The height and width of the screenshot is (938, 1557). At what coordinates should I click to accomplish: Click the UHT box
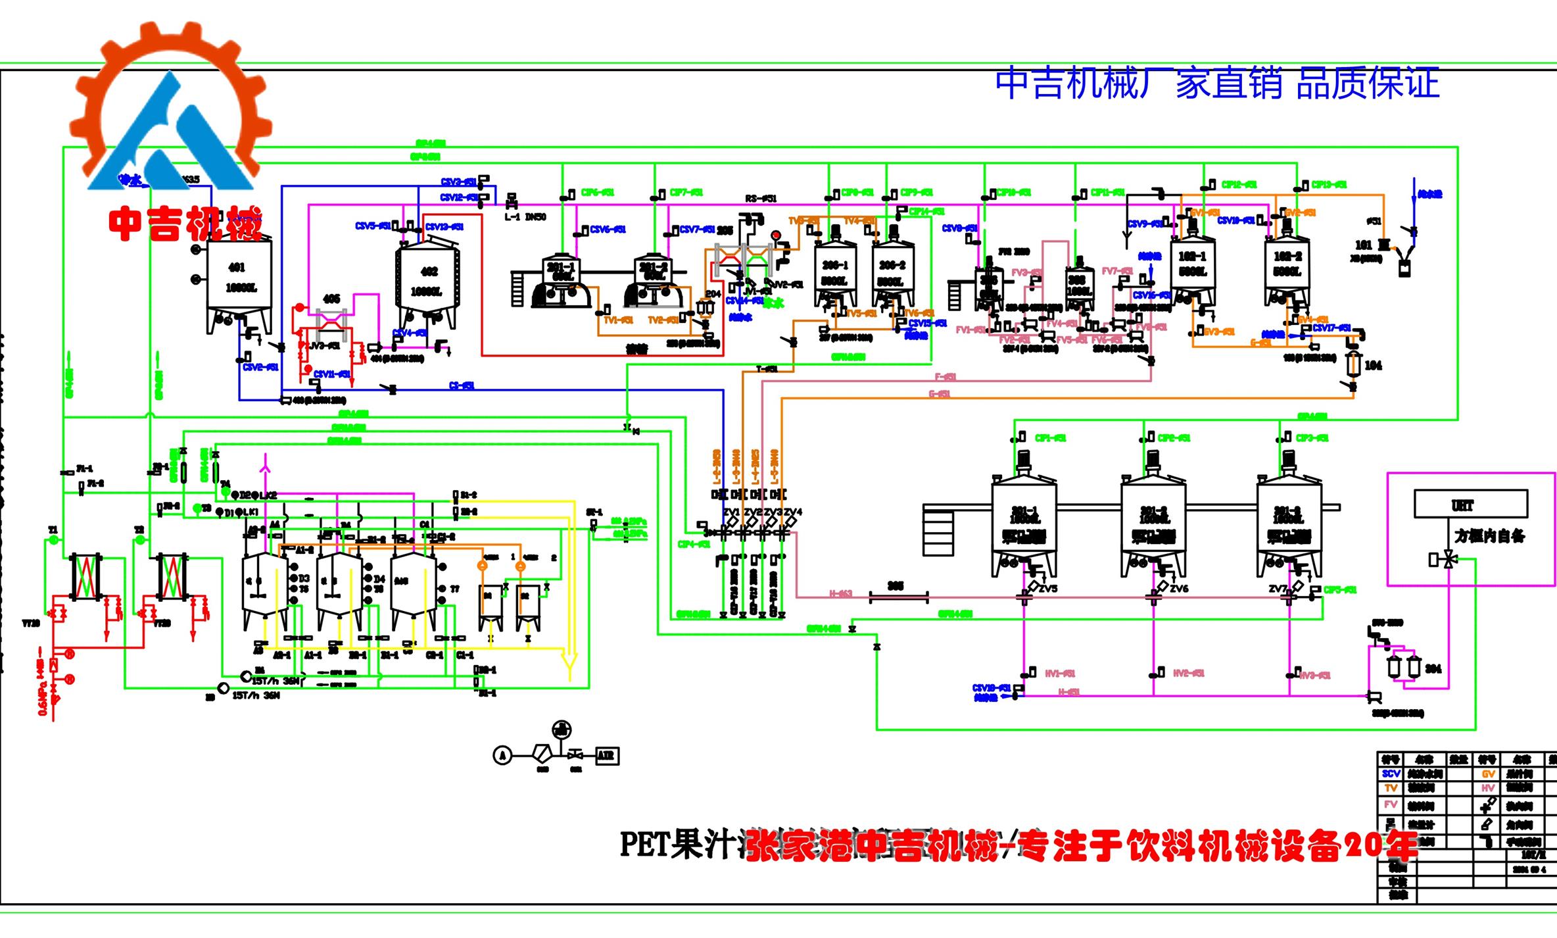1471,504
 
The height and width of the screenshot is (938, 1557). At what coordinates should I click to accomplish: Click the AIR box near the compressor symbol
606,755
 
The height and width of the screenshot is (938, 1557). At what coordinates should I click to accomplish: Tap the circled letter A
502,755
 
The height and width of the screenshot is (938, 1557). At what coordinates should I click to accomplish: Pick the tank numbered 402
426,283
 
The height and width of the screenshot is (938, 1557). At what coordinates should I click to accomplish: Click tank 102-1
1193,266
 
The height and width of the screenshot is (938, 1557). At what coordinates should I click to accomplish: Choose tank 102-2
1287,266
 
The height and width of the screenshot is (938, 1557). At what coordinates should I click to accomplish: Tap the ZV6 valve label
1179,589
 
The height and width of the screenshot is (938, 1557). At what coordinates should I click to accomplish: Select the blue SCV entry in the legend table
1391,774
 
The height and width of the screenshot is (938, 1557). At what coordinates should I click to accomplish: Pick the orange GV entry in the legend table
1488,774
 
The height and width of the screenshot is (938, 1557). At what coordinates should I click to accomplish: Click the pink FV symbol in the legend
1391,804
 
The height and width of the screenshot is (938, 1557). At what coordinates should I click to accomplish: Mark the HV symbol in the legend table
1488,788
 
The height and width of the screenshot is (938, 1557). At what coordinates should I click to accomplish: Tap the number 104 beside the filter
1373,366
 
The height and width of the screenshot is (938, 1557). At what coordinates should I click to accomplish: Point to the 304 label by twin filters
1433,668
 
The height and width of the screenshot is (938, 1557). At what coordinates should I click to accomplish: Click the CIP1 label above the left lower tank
1050,438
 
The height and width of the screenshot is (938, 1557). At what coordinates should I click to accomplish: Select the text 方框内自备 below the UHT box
1489,536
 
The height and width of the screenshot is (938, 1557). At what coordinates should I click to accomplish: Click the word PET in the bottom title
644,845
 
